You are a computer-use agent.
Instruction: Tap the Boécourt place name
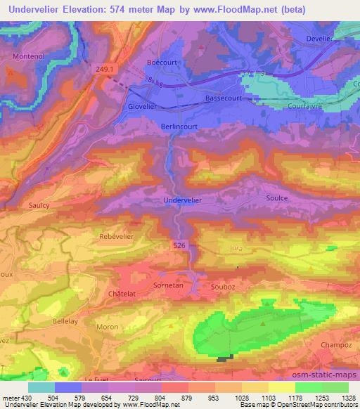coord(162,63)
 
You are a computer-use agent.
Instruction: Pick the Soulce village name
coord(276,198)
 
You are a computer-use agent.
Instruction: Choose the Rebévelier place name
coord(117,236)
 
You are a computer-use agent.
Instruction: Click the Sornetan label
coord(167,286)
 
